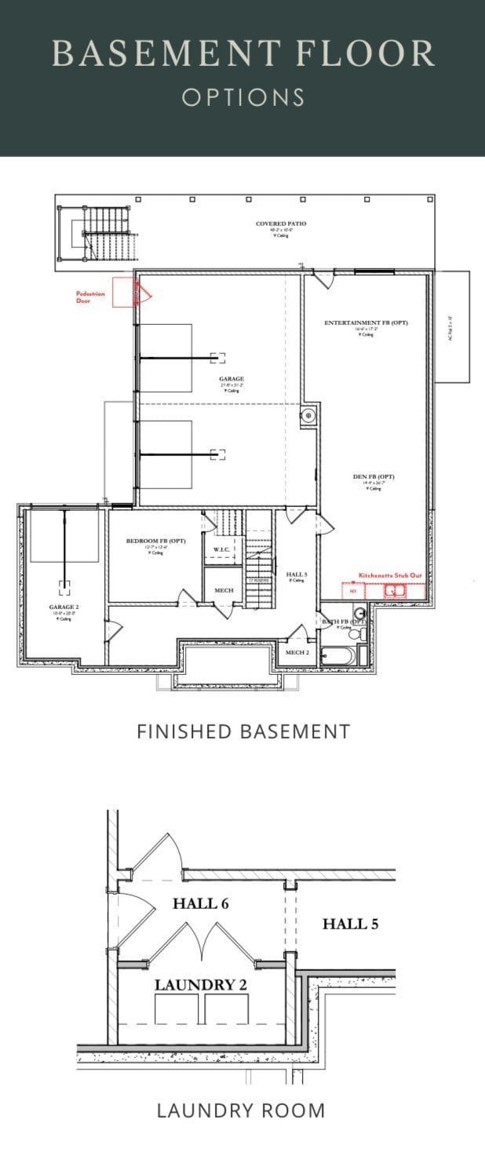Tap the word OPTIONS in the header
pyautogui.click(x=242, y=97)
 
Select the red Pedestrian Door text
pyautogui.click(x=89, y=296)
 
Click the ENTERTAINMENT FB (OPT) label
pyautogui.click(x=366, y=323)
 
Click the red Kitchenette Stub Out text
pyautogui.click(x=390, y=575)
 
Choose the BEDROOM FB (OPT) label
pyautogui.click(x=154, y=542)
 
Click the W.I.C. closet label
pyautogui.click(x=221, y=549)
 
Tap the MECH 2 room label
pyautogui.click(x=296, y=652)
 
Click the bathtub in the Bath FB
pyautogui.click(x=338, y=655)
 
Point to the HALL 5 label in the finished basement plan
pyautogui.click(x=297, y=575)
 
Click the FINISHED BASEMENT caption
pyautogui.click(x=242, y=731)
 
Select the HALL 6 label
pyautogui.click(x=200, y=903)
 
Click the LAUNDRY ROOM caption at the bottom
pyautogui.click(x=241, y=1110)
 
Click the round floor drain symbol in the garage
pyautogui.click(x=308, y=414)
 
